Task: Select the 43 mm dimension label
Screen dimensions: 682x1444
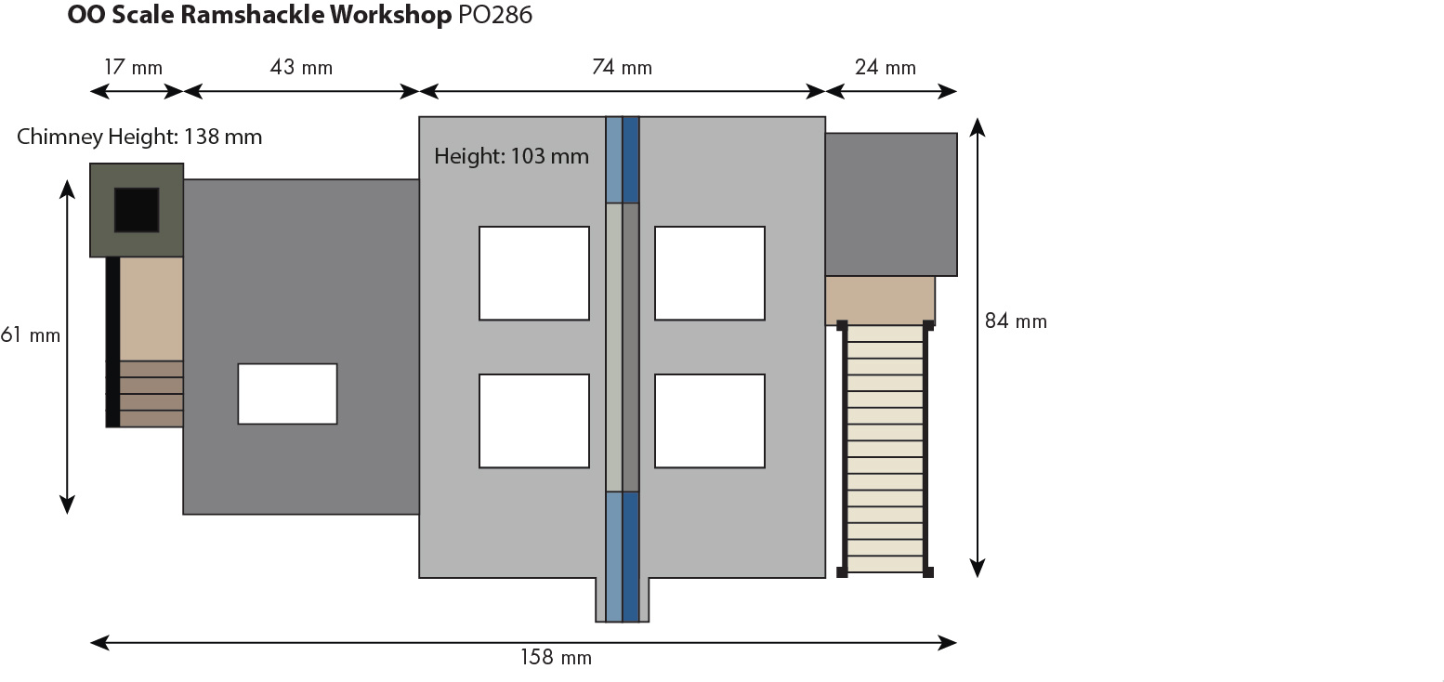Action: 301,68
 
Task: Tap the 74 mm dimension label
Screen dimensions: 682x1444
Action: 622,68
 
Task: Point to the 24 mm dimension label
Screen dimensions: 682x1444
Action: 886,68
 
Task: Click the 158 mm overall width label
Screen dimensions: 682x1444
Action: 555,658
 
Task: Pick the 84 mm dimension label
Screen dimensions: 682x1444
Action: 1016,321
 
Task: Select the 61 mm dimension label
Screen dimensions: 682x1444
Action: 31,334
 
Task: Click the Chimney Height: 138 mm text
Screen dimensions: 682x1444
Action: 139,138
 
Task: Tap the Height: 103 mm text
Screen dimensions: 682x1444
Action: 511,156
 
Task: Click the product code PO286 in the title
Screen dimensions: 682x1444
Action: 495,16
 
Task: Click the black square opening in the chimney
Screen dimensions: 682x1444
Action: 137,210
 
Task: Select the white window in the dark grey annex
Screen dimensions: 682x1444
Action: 287,394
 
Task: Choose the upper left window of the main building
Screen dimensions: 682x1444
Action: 534,273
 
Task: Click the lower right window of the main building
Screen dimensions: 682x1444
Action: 709,421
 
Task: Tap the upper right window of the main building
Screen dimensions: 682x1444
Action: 709,273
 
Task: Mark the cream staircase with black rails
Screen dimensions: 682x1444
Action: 885,449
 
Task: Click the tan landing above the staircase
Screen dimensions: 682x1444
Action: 880,299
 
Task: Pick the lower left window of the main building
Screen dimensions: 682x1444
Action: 534,421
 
